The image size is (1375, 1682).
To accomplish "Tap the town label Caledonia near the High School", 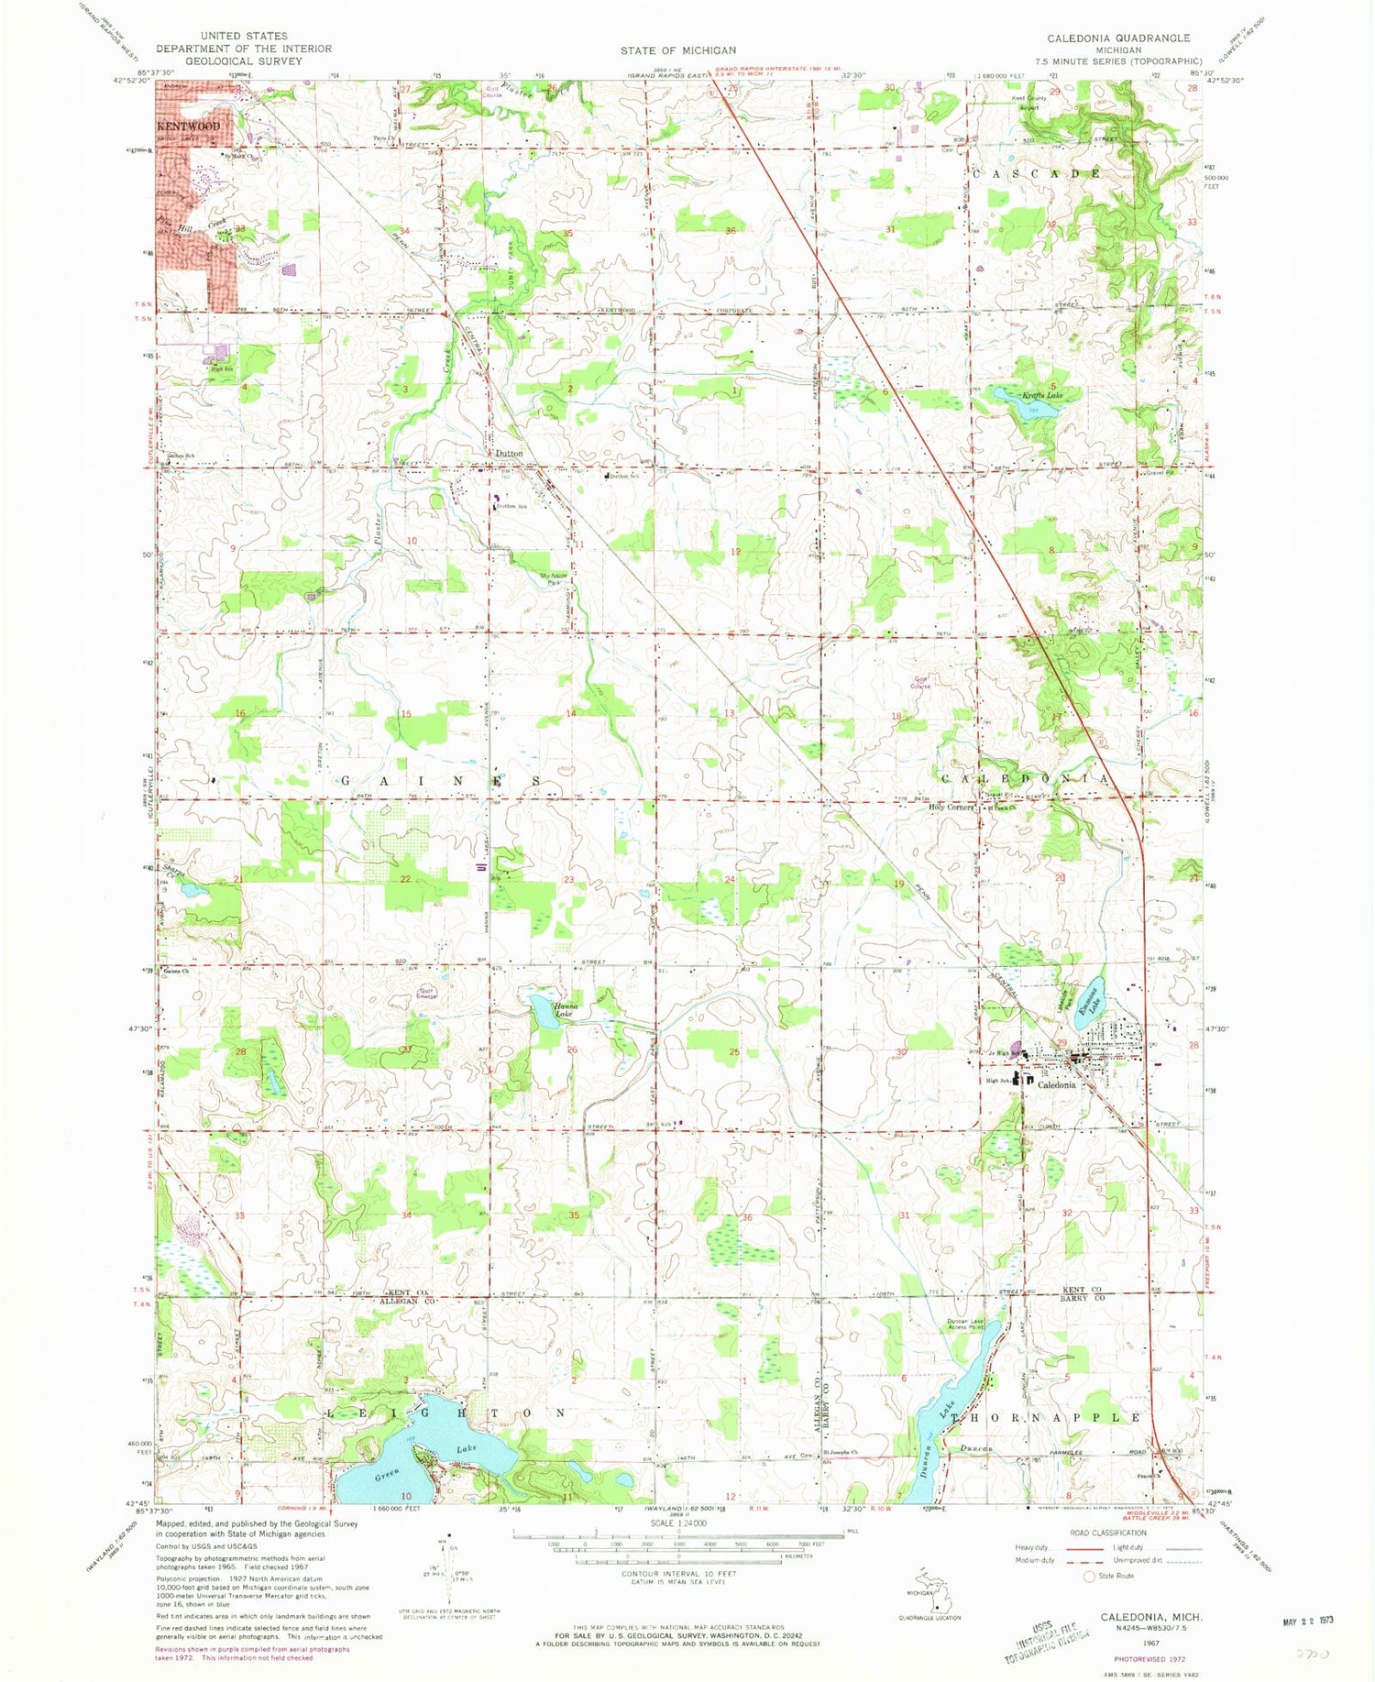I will point(1056,1084).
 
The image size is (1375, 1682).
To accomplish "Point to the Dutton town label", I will point(509,453).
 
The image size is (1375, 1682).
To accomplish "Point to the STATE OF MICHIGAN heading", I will point(677,50).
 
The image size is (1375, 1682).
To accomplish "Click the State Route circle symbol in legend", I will point(1089,1576).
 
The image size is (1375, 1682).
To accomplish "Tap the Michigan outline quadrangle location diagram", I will point(934,1596).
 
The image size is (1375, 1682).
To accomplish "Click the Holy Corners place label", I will point(951,808).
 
